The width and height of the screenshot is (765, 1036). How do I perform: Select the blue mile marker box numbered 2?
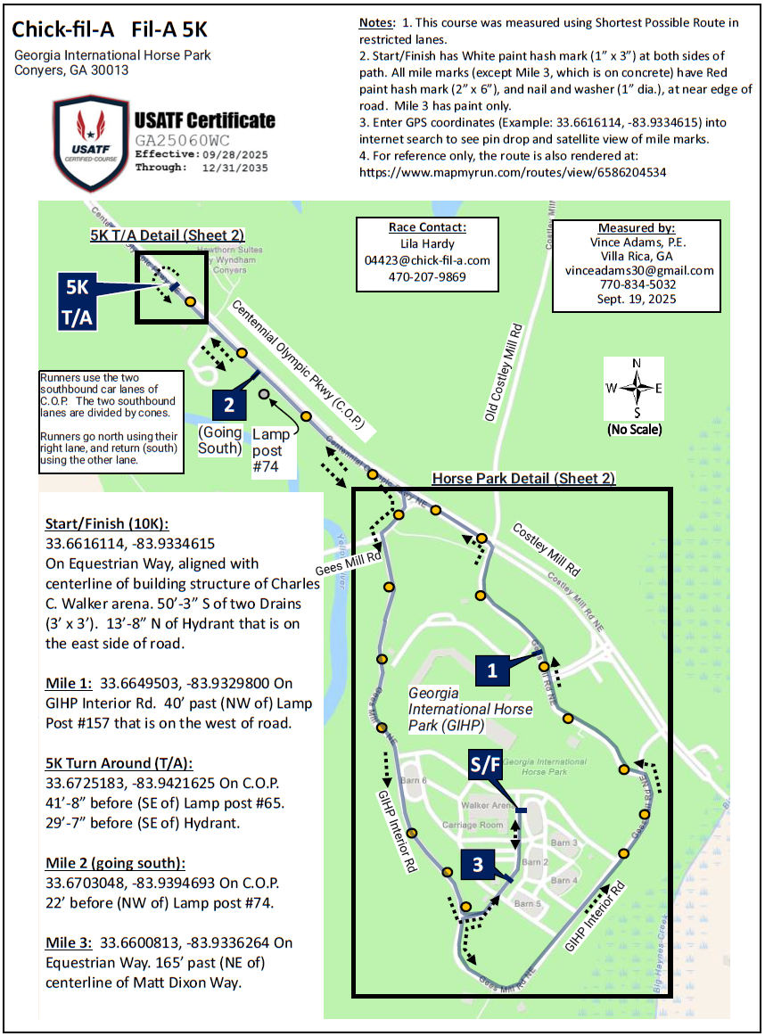[229, 405]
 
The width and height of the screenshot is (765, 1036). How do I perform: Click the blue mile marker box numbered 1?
[491, 670]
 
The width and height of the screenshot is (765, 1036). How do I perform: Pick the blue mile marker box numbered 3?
[479, 863]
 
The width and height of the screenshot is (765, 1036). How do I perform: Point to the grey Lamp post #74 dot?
[264, 393]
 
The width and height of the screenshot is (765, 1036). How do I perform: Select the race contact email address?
[427, 260]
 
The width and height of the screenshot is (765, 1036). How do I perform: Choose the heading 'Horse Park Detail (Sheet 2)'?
[523, 479]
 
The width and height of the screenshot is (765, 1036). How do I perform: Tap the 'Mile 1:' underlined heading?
[72, 683]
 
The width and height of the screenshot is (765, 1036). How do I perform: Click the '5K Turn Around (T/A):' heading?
[119, 763]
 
